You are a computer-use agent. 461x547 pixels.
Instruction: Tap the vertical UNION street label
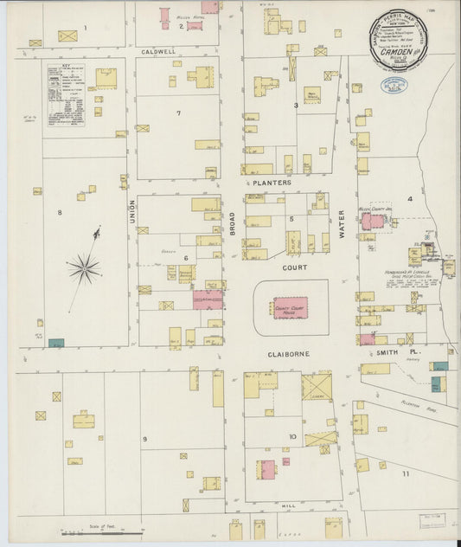tap(132, 209)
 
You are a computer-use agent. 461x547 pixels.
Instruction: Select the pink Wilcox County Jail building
tap(372, 222)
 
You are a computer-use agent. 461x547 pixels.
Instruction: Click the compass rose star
tap(85, 269)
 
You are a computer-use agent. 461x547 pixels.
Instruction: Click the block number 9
tap(144, 439)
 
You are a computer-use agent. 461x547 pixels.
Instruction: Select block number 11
tap(404, 474)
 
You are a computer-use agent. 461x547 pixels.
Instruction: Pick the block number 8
tap(60, 212)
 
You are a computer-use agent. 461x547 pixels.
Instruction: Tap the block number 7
tap(178, 113)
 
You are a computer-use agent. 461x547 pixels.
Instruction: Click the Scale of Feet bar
tap(103, 531)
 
